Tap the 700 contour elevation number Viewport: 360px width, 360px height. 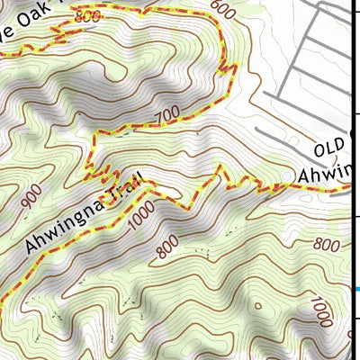click(166, 115)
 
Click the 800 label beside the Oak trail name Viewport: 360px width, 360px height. click(87, 17)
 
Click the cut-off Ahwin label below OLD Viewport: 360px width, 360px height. click(326, 174)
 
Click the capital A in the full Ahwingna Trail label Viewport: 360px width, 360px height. click(32, 244)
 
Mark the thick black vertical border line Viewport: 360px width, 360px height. click(351, 180)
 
